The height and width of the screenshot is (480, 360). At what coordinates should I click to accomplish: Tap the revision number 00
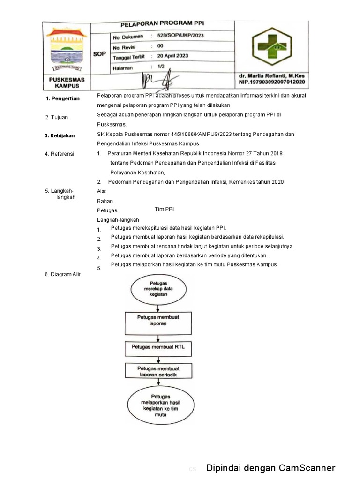tap(160, 46)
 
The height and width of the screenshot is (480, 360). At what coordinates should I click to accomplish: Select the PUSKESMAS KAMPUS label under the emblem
tap(67, 83)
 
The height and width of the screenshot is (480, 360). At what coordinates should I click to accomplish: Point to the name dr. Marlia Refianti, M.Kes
tap(271, 75)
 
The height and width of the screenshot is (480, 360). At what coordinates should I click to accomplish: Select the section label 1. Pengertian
tap(63, 98)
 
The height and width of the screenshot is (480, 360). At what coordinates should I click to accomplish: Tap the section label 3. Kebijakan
tap(60, 135)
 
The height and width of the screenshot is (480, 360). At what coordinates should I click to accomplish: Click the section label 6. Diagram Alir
tap(63, 274)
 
